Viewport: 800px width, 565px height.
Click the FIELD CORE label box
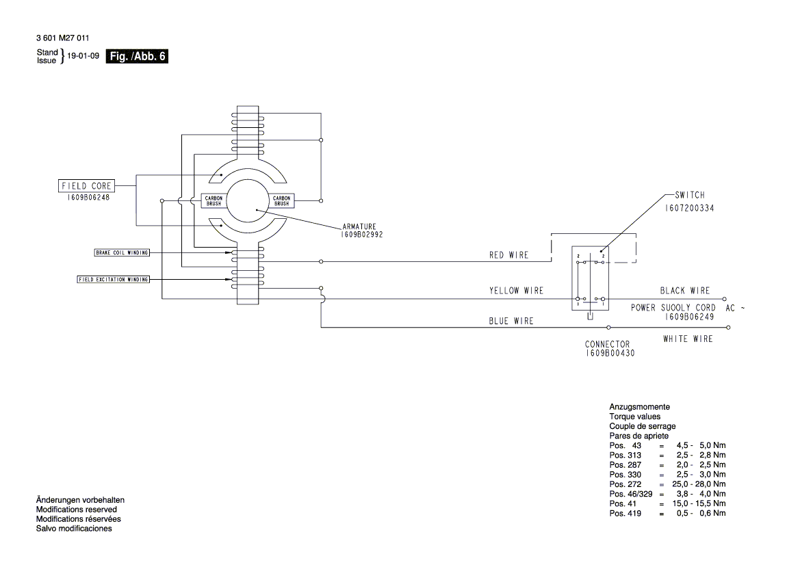click(86, 185)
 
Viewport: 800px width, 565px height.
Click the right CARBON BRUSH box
click(281, 200)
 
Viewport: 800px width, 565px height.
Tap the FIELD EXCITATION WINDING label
click(113, 279)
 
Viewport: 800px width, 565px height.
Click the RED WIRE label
click(508, 255)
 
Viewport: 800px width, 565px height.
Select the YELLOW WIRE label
click(516, 291)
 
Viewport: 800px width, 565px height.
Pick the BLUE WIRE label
click(511, 321)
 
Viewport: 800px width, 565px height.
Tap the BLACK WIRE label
click(684, 291)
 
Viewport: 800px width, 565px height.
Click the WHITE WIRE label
click(687, 339)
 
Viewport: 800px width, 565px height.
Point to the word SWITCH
click(689, 195)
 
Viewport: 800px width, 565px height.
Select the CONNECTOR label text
click(607, 344)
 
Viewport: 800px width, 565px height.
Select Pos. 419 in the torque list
click(625, 513)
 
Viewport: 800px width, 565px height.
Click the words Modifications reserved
click(76, 510)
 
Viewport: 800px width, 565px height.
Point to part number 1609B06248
click(86, 196)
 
